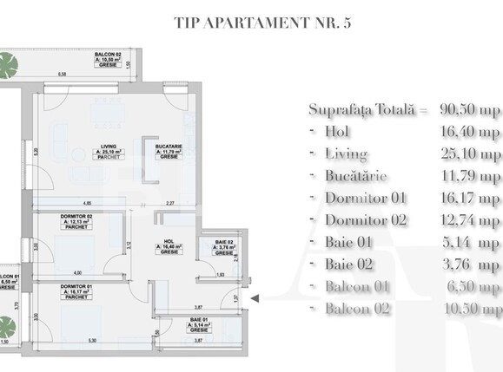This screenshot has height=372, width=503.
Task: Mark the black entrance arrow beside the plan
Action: [x=255, y=299]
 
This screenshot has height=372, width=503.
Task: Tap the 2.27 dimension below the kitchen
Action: [x=172, y=204]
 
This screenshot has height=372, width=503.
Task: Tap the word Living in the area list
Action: [x=346, y=154]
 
